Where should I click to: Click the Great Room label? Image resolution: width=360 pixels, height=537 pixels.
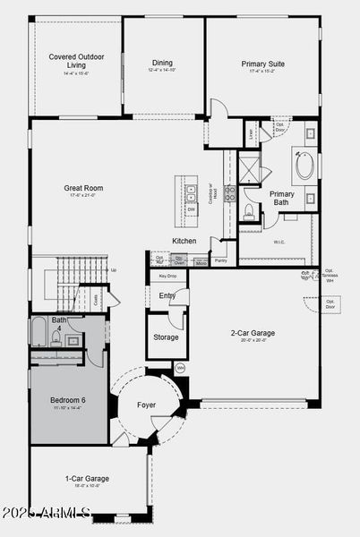click(x=79, y=189)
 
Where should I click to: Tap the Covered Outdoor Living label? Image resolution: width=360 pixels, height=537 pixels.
click(x=76, y=60)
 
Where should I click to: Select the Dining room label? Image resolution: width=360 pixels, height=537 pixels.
click(x=162, y=63)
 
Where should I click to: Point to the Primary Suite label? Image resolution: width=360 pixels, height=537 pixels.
click(x=262, y=64)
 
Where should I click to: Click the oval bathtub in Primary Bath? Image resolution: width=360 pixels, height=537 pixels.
click(x=304, y=167)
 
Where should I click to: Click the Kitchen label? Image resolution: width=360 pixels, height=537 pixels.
click(x=184, y=241)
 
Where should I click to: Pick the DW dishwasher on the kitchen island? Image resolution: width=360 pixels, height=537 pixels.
click(x=191, y=209)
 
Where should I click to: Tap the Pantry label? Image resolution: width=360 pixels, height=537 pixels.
click(x=220, y=261)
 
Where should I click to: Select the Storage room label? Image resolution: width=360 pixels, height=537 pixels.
click(x=166, y=338)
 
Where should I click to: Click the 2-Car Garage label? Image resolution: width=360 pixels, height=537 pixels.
click(x=252, y=333)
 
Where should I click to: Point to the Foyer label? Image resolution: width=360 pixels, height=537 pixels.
click(x=147, y=405)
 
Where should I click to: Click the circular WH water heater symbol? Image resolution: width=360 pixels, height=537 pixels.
click(x=180, y=367)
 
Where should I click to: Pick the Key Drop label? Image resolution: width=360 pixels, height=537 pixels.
click(x=167, y=277)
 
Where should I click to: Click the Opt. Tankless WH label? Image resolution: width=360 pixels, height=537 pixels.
click(x=329, y=276)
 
